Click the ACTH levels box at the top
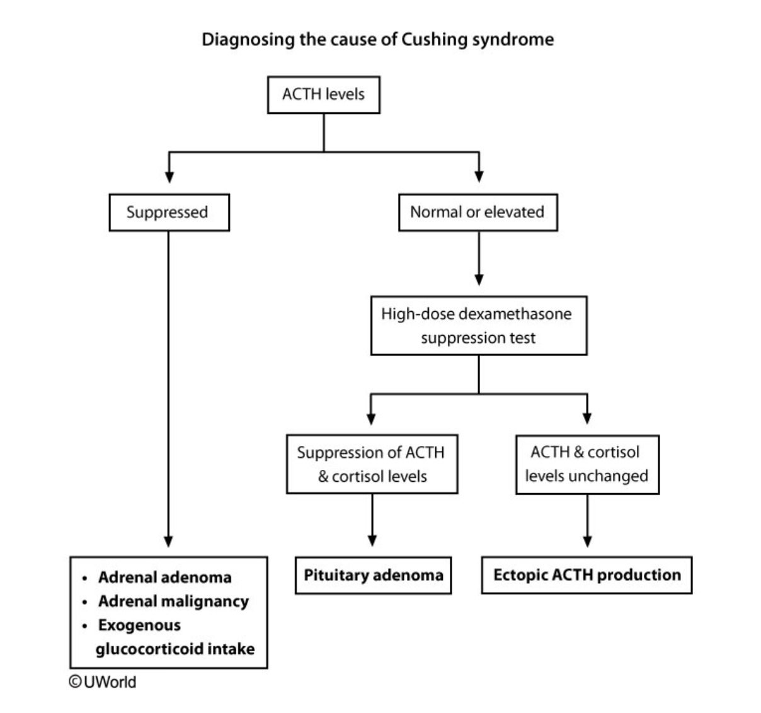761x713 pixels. pos(323,95)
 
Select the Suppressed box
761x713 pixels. pos(168,212)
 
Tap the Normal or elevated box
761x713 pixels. pos(478,212)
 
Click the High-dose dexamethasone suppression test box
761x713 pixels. pos(478,326)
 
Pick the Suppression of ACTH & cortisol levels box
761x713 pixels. pos(372,464)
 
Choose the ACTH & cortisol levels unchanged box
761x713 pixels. pos(586,464)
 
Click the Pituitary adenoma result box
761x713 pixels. pos(373,575)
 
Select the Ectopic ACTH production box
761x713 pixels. pos(586,575)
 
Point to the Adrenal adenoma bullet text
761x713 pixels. pos(164,578)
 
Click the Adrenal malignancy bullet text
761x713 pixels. pos(173,602)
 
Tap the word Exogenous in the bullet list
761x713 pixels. pos(139,625)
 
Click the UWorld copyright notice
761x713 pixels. pos(102,682)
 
